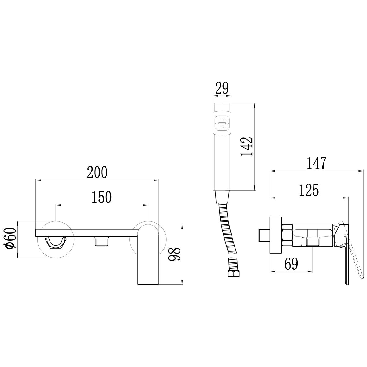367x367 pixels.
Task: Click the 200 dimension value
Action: pos(97,172)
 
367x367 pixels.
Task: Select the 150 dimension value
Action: pos(102,197)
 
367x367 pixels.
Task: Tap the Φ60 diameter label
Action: pos(11,239)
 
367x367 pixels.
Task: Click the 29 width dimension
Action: pos(222,88)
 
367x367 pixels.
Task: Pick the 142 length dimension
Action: pos(247,147)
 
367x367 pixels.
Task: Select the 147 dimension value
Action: pos(317,163)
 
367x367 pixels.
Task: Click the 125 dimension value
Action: pos(309,190)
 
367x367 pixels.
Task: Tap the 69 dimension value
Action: pos(291,264)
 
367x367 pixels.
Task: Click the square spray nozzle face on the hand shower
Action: pos(222,124)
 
